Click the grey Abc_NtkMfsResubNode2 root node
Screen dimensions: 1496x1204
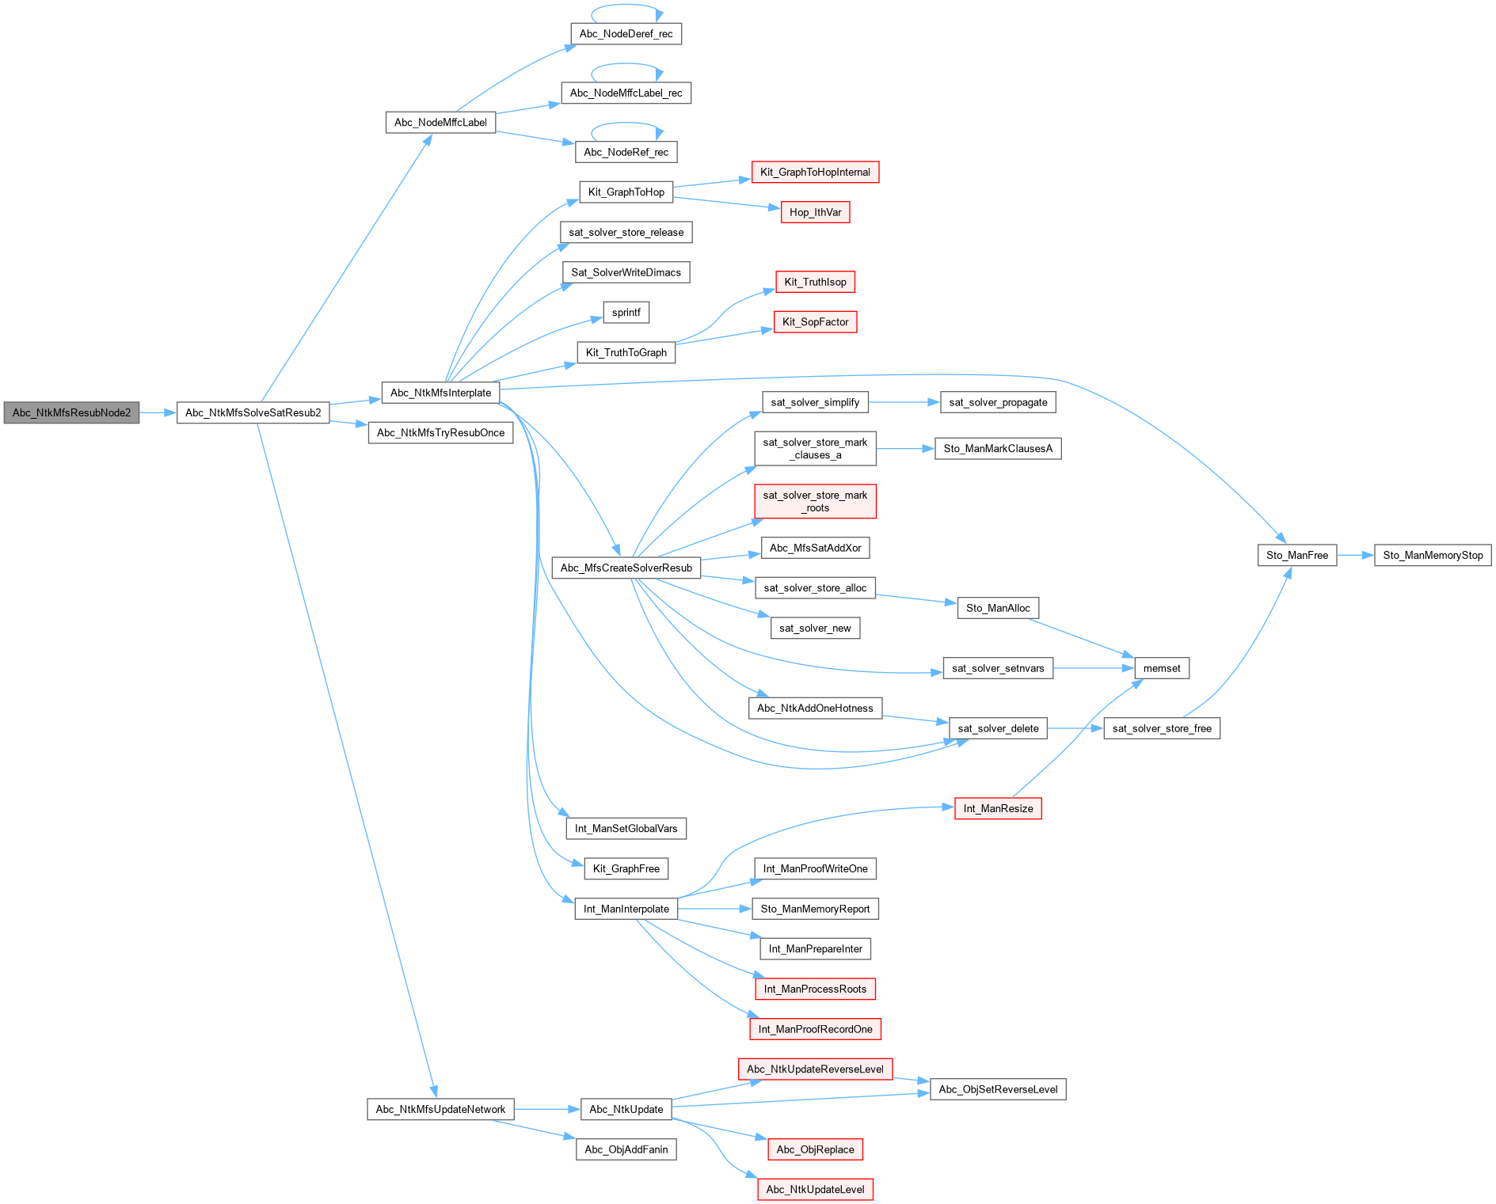tap(71, 412)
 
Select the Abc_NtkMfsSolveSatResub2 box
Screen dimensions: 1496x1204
tap(253, 412)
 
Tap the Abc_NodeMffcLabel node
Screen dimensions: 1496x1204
tap(440, 123)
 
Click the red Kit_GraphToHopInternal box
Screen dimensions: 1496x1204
tap(815, 172)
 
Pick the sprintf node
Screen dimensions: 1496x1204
tap(626, 313)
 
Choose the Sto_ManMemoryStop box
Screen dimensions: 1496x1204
tap(1433, 555)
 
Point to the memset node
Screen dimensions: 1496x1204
tap(1162, 668)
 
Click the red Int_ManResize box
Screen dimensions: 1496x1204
tap(998, 808)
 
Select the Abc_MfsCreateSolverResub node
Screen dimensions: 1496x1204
tap(626, 568)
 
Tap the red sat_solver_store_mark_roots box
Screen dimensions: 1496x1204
tap(815, 501)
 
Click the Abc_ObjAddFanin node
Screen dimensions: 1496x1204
tap(626, 1149)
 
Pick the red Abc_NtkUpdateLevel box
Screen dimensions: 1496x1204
tap(815, 1189)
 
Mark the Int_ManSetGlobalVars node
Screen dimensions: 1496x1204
tap(626, 828)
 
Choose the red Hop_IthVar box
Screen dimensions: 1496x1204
tap(815, 212)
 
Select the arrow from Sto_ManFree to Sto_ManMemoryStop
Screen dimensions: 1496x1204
tap(1356, 555)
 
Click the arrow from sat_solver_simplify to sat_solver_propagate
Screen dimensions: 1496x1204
tap(904, 402)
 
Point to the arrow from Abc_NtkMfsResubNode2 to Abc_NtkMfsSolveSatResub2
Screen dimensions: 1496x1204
tap(158, 412)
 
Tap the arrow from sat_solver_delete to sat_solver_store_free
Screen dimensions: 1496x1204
tap(1075, 728)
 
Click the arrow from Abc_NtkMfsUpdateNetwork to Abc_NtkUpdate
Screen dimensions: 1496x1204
tap(547, 1109)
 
